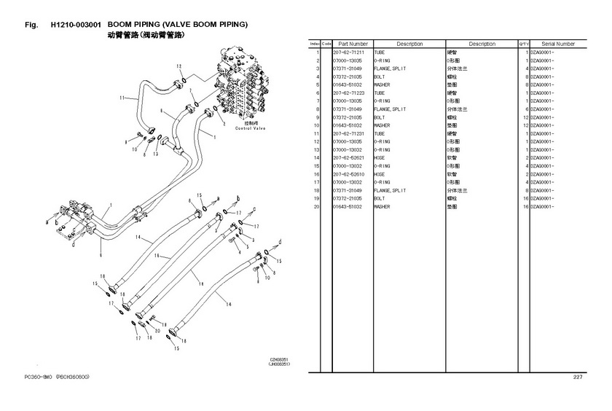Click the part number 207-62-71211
348,52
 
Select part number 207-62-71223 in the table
348,93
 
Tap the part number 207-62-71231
348,133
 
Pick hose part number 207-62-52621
348,157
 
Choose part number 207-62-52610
348,174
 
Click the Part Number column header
353,44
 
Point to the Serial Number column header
557,44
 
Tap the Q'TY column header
523,44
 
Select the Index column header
315,44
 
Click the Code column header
326,44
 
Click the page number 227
578,376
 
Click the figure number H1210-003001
76,24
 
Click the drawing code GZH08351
280,359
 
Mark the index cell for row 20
318,206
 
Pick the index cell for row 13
318,157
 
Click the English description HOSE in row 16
380,174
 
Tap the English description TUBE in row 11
380,133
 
